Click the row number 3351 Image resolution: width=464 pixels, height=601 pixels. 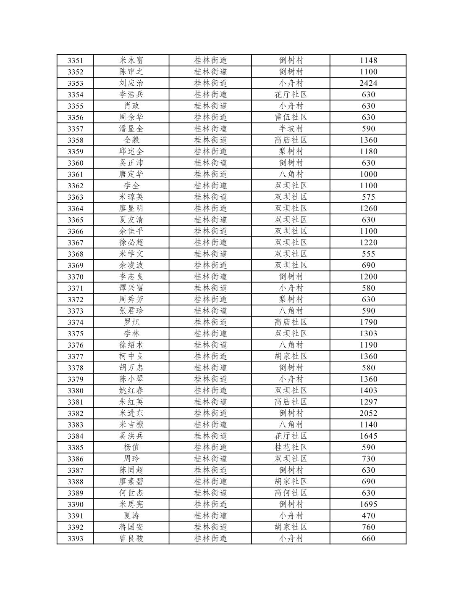tap(75, 61)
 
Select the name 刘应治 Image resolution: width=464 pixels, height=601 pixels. tap(131, 83)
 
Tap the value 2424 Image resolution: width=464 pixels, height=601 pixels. tap(368, 83)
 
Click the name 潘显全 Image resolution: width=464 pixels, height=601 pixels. tap(131, 129)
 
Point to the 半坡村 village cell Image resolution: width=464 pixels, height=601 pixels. tap(291, 129)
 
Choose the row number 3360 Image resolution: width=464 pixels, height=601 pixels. tap(75, 163)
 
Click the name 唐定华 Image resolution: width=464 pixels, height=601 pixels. tap(131, 174)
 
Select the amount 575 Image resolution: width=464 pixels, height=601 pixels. tap(368, 197)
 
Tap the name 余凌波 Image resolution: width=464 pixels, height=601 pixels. tap(131, 265)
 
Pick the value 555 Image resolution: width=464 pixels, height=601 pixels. tap(368, 254)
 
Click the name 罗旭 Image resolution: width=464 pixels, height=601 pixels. tap(131, 322)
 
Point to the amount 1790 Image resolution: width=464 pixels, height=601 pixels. tap(368, 322)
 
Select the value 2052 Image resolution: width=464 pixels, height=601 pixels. tap(368, 413)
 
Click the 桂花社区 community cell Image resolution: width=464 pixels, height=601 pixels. tap(291, 447)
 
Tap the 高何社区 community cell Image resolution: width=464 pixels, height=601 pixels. tap(291, 493)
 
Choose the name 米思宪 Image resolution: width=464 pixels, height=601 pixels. tap(131, 504)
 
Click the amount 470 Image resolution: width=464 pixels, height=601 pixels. tap(368, 516)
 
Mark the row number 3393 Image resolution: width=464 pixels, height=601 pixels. tap(75, 539)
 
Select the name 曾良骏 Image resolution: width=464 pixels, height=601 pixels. tap(131, 538)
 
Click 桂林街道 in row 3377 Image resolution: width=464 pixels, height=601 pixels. tap(210, 356)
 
